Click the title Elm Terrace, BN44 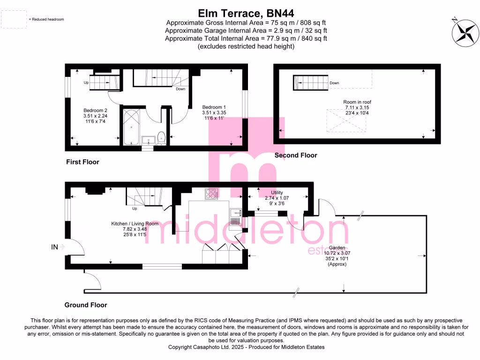(x=240, y=14)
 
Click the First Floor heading (x=82, y=162)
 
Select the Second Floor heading (x=296, y=155)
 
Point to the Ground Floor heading (x=86, y=305)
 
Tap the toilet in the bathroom (x=161, y=137)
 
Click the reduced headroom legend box (x=14, y=20)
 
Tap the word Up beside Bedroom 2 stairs (x=86, y=83)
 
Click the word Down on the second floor (x=334, y=83)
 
